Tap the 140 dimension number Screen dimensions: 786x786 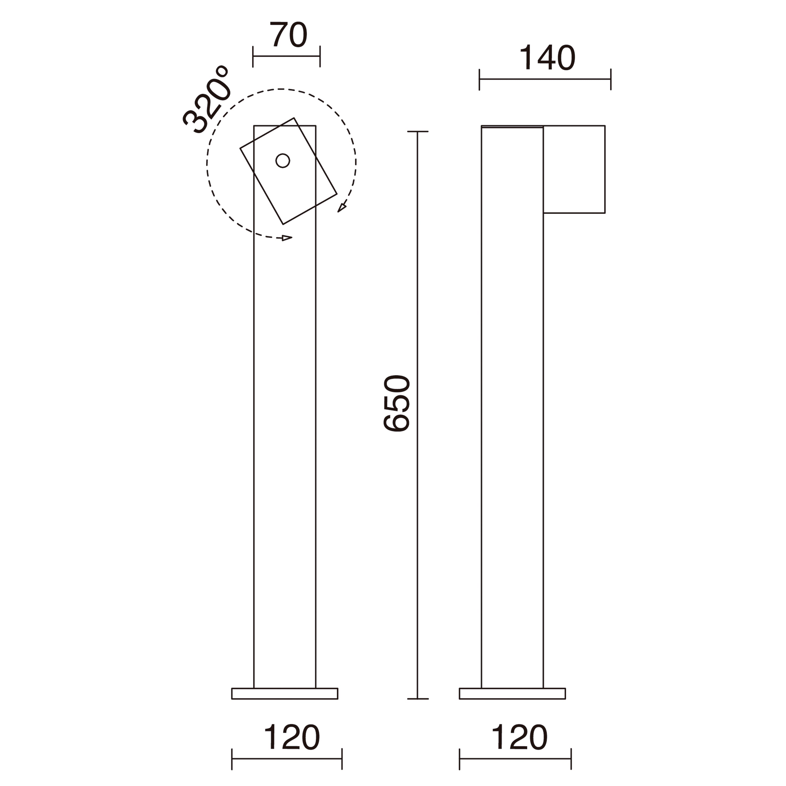tap(547, 57)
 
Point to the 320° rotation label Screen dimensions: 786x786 tap(206, 100)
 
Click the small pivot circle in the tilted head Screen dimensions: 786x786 tap(283, 161)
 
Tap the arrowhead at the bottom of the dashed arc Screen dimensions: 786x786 tap(287, 238)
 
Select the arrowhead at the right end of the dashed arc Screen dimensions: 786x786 tap(342, 208)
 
